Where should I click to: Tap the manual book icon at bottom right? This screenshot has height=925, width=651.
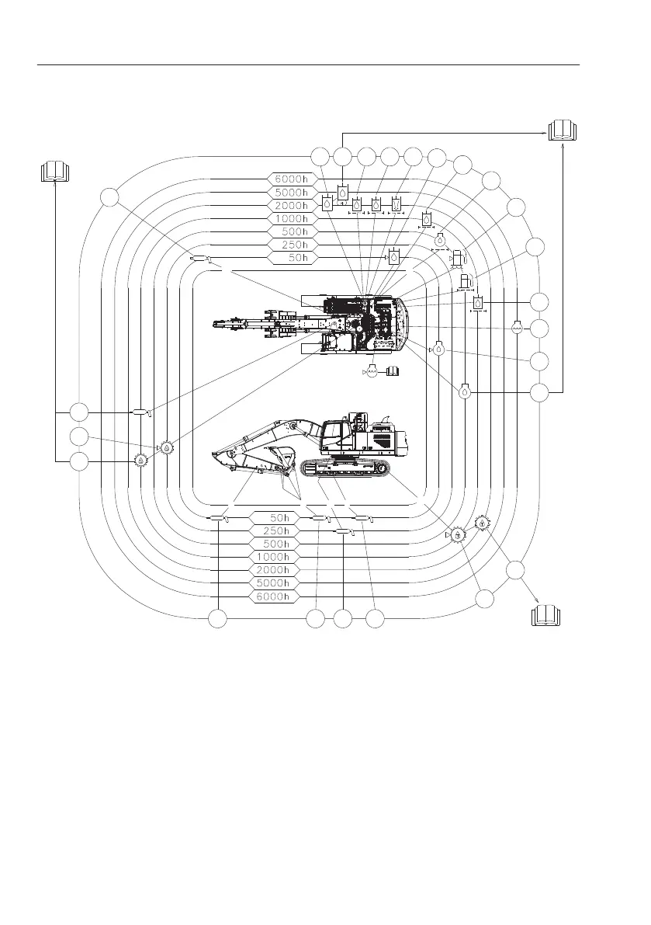click(x=545, y=615)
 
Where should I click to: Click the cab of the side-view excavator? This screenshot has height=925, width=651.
click(x=339, y=433)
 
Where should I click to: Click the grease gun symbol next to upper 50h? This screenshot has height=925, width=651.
click(x=201, y=259)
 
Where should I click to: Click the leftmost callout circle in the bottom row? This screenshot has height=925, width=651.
click(x=219, y=619)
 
